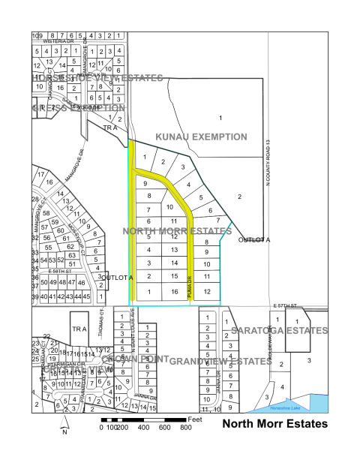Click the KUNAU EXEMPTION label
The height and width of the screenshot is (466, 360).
[x=201, y=137]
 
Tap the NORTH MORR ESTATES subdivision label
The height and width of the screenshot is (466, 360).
[x=175, y=231]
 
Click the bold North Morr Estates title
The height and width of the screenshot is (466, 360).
[x=276, y=424]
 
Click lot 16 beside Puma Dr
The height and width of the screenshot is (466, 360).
[x=173, y=292]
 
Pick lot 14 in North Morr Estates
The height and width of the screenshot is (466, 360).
[x=173, y=263]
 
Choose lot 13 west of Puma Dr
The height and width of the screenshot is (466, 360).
[x=173, y=249]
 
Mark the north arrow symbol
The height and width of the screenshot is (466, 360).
[x=64, y=425]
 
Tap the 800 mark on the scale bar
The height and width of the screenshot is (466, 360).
[x=186, y=427]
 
